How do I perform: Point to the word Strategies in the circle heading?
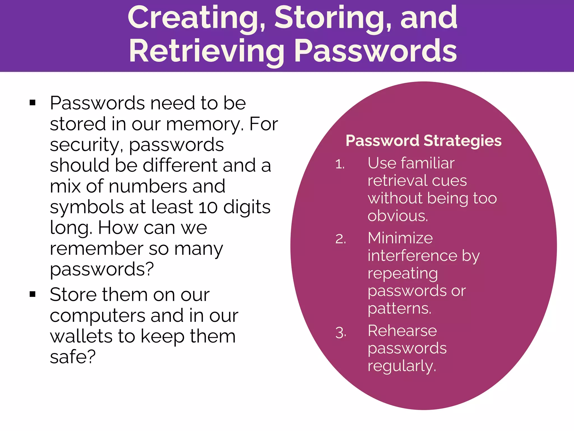tap(462, 141)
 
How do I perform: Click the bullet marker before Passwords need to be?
tap(33, 103)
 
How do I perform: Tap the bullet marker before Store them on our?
tap(33, 294)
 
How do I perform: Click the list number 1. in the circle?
tap(340, 164)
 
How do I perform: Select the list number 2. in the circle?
tap(341, 239)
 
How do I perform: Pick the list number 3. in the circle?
tap(341, 333)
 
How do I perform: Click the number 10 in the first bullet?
tap(208, 207)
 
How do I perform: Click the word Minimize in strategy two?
tap(400, 238)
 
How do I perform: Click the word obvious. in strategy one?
tap(398, 216)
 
